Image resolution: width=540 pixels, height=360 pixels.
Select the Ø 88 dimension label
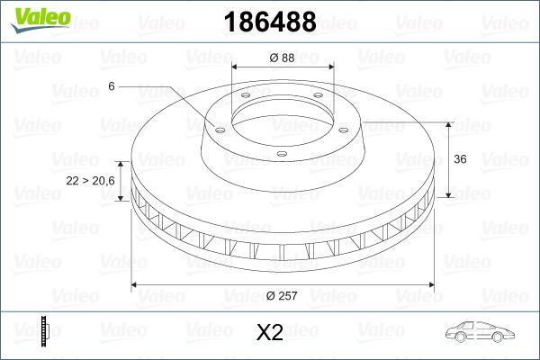pyautogui.click(x=283, y=58)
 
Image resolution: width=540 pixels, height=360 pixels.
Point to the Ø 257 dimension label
pyautogui.click(x=283, y=296)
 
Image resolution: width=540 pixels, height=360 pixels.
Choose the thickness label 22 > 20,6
pyautogui.click(x=89, y=181)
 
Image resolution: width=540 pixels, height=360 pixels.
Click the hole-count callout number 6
pyautogui.click(x=111, y=86)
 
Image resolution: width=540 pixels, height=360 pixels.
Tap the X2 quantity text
pyautogui.click(x=270, y=333)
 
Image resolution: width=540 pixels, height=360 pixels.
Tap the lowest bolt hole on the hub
pyautogui.click(x=283, y=154)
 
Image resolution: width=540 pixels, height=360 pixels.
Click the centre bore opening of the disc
pyautogui.click(x=283, y=117)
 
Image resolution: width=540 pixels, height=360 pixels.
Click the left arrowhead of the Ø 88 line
pyautogui.click(x=236, y=68)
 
